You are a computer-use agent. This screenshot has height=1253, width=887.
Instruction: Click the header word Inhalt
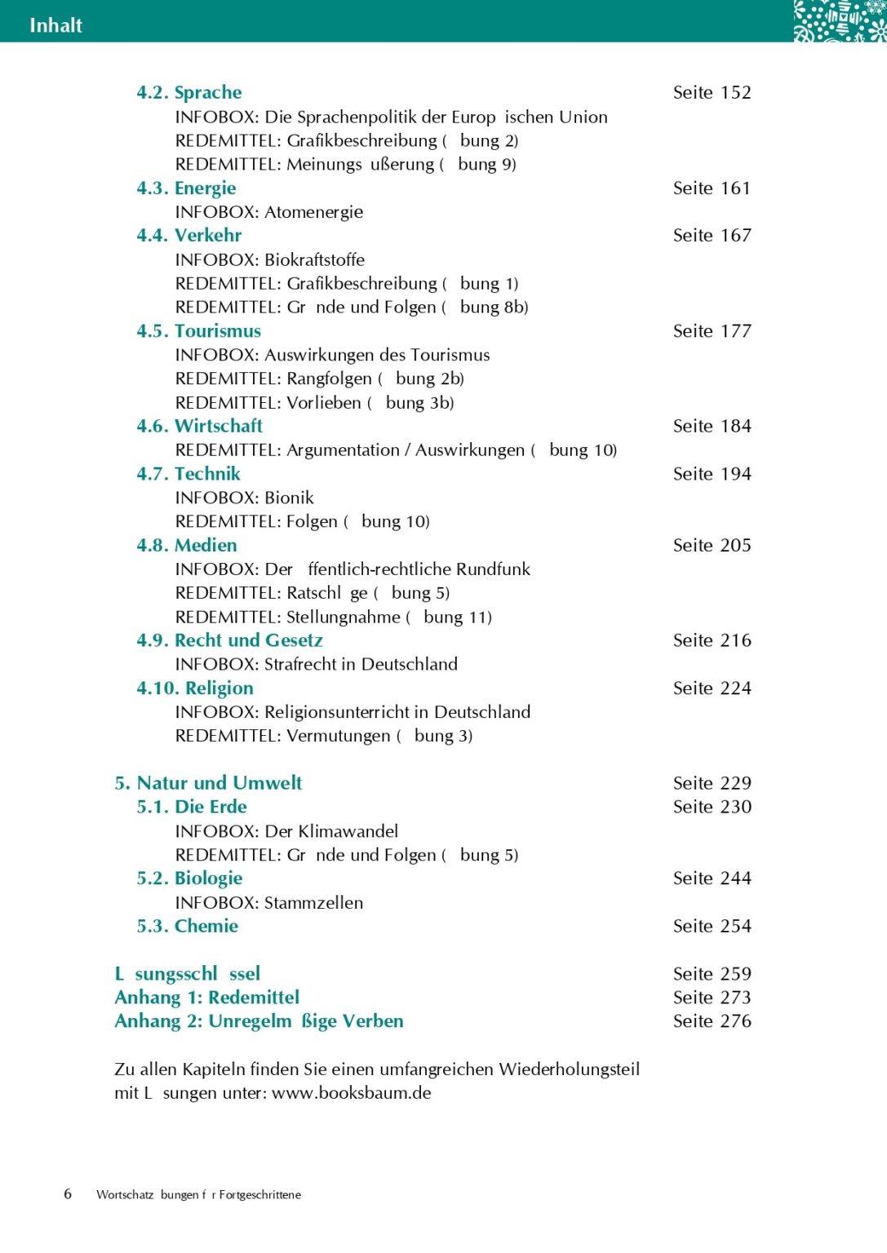tap(55, 25)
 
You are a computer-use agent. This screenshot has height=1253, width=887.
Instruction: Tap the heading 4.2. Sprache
tap(188, 92)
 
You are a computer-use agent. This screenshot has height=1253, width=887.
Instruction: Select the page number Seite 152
tap(712, 92)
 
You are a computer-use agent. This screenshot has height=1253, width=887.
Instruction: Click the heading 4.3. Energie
tap(186, 188)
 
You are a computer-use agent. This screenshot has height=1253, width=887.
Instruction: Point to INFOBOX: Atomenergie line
tap(268, 212)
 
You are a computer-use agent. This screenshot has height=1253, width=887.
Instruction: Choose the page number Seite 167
tap(712, 236)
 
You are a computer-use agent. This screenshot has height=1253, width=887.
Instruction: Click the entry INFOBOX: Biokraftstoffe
tap(269, 260)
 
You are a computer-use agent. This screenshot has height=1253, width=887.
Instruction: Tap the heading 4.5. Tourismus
tap(198, 331)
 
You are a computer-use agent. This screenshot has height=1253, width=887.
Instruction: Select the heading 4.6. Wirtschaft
tap(199, 426)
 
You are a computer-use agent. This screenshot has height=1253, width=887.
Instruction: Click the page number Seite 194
tap(712, 474)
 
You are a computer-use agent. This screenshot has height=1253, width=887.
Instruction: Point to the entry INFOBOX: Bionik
tap(244, 498)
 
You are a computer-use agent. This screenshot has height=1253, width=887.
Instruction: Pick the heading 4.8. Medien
tap(186, 545)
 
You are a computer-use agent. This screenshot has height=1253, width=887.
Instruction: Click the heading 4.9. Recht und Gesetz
tap(229, 640)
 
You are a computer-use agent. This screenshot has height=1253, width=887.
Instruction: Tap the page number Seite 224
tap(712, 688)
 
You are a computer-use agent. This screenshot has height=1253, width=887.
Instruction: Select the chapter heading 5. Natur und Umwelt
tap(208, 783)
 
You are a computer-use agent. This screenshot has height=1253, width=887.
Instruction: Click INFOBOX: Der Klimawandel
tap(286, 831)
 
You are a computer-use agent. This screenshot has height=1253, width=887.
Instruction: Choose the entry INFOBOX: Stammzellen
tap(268, 903)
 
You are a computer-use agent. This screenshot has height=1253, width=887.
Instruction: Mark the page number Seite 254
tap(712, 927)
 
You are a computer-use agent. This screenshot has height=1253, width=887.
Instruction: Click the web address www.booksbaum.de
tap(351, 1093)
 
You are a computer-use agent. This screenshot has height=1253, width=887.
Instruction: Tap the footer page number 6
tap(68, 1194)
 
